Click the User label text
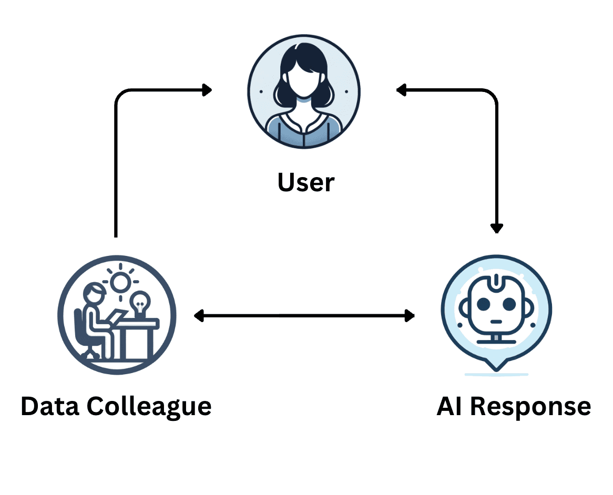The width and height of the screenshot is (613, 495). click(306, 183)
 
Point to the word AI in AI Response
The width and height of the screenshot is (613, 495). click(450, 406)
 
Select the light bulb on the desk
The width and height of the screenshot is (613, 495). click(140, 304)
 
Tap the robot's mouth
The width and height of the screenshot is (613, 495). click(495, 322)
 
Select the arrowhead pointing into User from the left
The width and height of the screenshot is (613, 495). click(207, 90)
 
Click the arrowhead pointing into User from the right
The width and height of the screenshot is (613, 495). click(402, 90)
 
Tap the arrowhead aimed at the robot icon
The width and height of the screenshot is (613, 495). click(409, 315)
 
